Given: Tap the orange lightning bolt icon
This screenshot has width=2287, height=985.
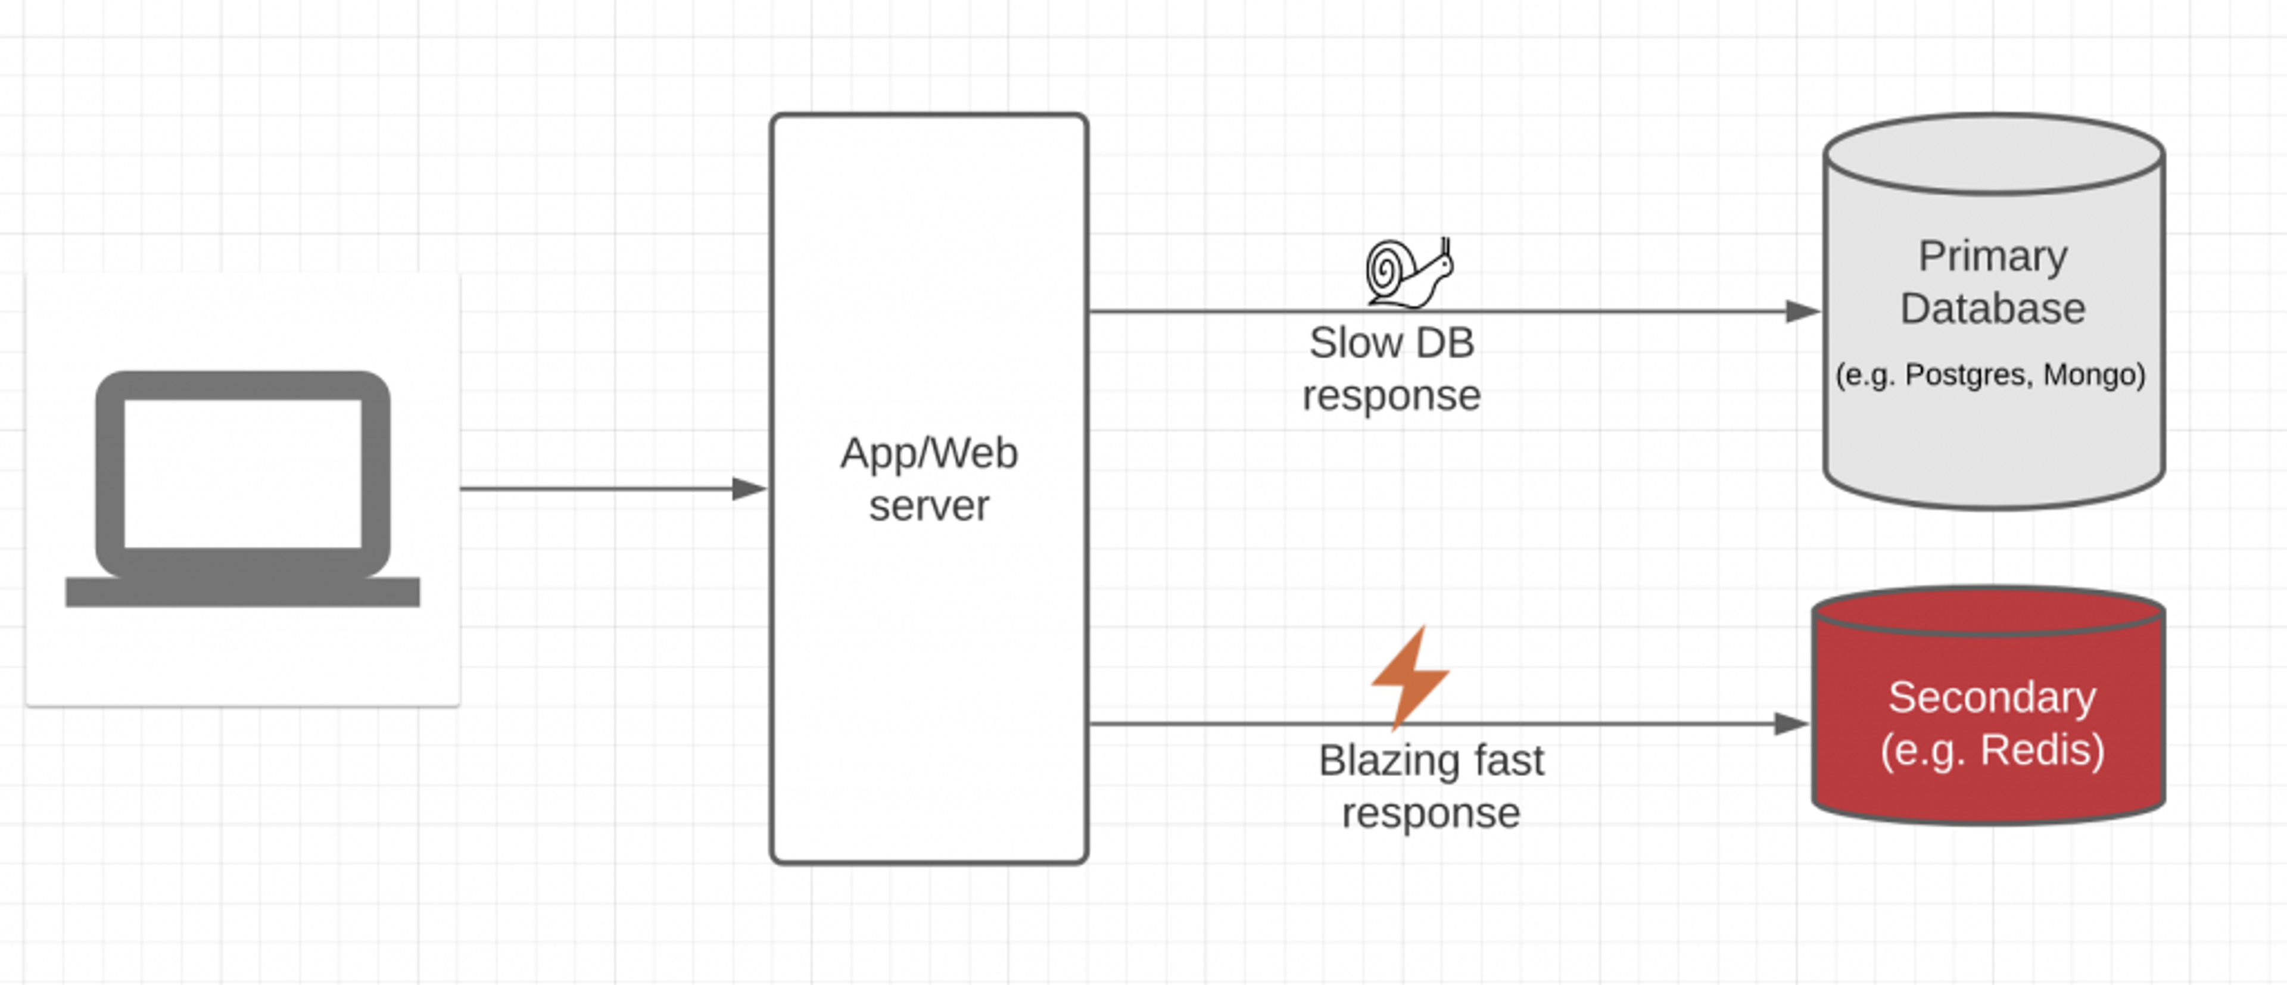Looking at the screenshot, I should pos(1409,677).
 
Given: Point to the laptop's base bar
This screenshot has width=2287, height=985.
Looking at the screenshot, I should pos(242,592).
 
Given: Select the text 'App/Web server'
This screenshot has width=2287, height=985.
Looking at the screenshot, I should pos(928,479).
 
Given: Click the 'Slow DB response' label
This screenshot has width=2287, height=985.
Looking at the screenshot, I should pos(1391,368).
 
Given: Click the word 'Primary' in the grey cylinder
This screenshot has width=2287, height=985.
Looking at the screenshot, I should pos(1993,257).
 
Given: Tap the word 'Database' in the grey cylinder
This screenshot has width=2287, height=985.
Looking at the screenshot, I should pos(1993,309).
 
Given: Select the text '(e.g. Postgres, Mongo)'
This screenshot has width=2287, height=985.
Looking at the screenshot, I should pos(1990,375).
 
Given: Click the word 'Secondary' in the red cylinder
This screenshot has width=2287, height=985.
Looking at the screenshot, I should pos(1992,697).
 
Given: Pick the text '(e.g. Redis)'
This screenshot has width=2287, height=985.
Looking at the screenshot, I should pos(1992,750).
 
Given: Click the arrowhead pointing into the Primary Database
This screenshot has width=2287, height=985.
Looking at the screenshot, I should pos(1802,311).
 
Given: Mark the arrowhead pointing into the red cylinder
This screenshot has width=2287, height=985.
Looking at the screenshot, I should pos(1791,724).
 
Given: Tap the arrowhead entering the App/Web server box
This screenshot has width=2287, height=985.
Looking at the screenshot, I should pos(749,489).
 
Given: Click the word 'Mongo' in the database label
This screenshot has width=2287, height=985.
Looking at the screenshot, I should pos(2093,375).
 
